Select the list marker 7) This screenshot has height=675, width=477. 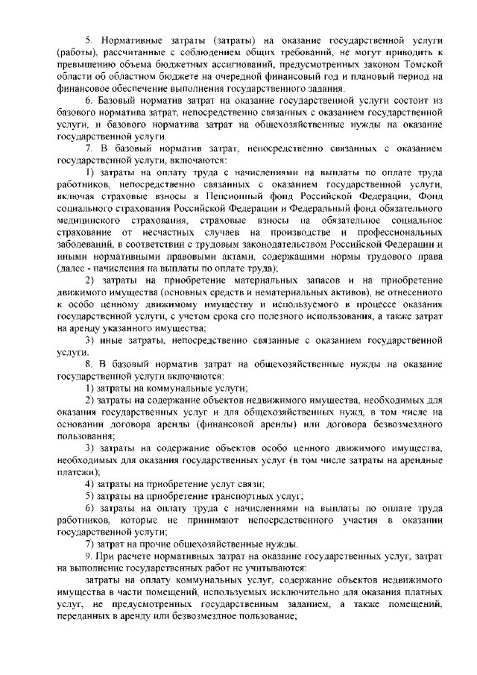point(89,542)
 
